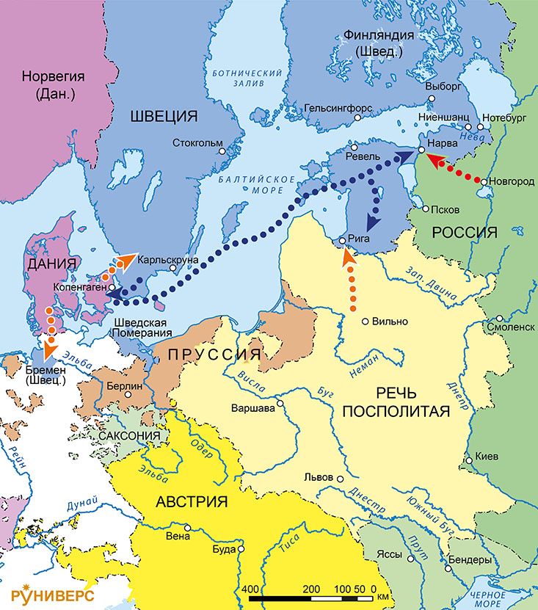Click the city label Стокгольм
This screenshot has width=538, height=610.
tap(198, 142)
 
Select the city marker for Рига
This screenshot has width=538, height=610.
tap(343, 241)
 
